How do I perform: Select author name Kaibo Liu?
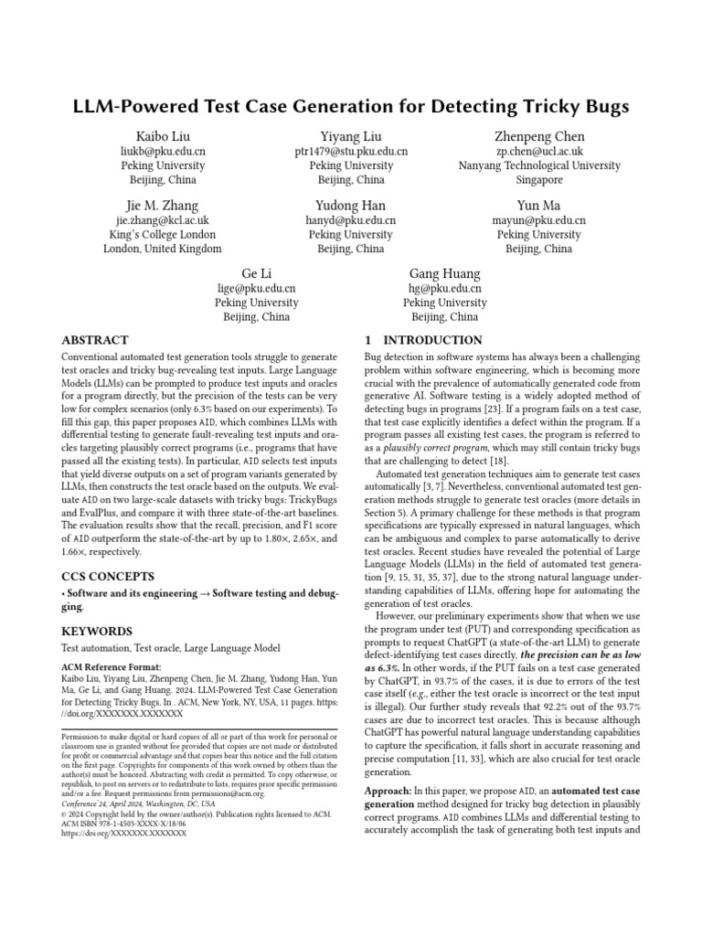pos(163,137)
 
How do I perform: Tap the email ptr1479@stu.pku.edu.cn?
pos(351,152)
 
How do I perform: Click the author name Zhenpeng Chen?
pos(538,137)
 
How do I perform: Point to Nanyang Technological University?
pos(538,166)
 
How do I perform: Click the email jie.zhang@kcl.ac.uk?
pos(163,220)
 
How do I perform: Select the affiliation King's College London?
pos(163,234)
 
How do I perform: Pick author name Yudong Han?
pos(351,206)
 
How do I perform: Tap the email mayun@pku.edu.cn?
pos(538,220)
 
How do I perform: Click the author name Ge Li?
pos(257,274)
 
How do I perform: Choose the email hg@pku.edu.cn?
pos(444,289)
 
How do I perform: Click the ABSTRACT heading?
pos(95,340)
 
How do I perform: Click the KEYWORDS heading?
pos(96,631)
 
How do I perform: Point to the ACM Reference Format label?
pos(110,667)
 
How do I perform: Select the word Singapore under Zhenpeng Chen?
pos(538,180)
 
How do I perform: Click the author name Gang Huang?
pos(444,274)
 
